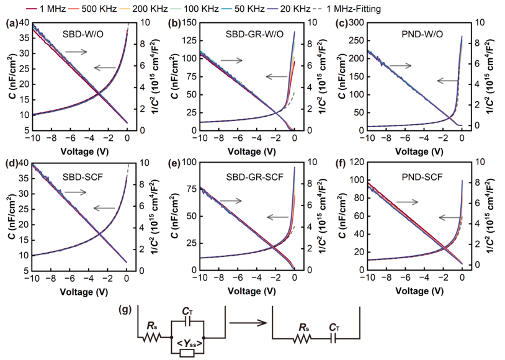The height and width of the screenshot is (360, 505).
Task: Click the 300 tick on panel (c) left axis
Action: click(x=357, y=22)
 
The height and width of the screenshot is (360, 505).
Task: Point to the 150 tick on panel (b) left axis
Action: click(x=189, y=22)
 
